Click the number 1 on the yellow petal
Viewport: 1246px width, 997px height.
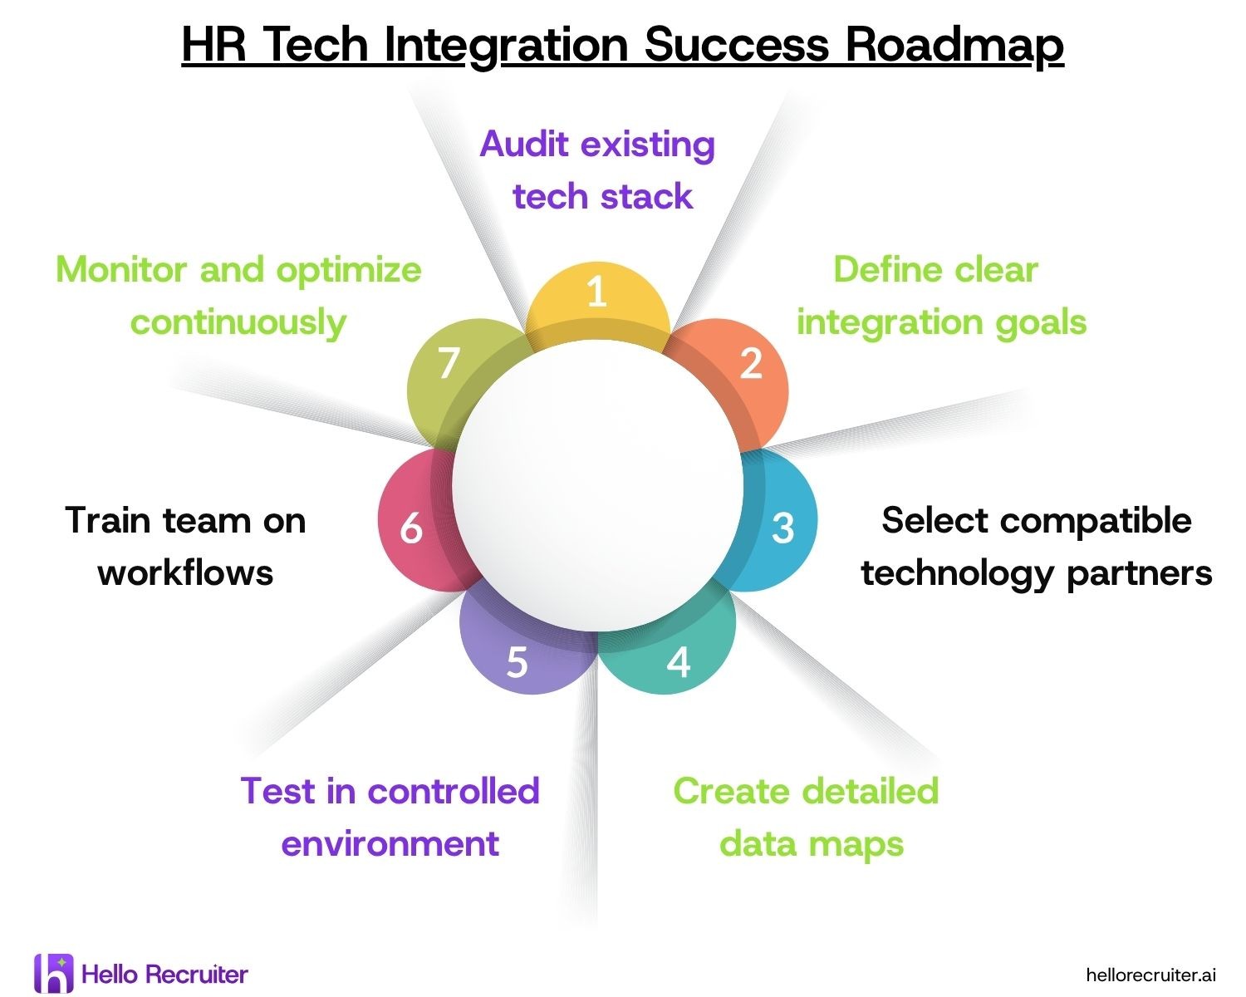pyautogui.click(x=597, y=291)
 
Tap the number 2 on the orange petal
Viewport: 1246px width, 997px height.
pyautogui.click(x=751, y=363)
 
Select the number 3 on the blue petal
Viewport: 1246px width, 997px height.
pyautogui.click(x=782, y=528)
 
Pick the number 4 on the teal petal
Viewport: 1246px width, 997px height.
pyautogui.click(x=679, y=662)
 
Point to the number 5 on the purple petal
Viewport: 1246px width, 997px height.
pyautogui.click(x=517, y=662)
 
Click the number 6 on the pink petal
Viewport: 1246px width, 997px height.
pyautogui.click(x=411, y=528)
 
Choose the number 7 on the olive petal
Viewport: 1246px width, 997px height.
pyautogui.click(x=449, y=363)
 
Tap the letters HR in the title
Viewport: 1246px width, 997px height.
pyautogui.click(x=213, y=44)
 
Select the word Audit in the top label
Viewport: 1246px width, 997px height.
pyautogui.click(x=524, y=144)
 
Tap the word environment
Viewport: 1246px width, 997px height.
pyautogui.click(x=390, y=844)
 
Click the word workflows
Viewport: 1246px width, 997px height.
pyautogui.click(x=185, y=573)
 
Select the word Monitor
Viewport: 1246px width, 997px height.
pyautogui.click(x=121, y=270)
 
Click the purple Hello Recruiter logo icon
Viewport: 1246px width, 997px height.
pyautogui.click(x=54, y=973)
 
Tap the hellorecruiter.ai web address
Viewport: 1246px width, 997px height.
pyautogui.click(x=1150, y=975)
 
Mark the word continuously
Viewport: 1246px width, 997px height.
pyautogui.click(x=238, y=323)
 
